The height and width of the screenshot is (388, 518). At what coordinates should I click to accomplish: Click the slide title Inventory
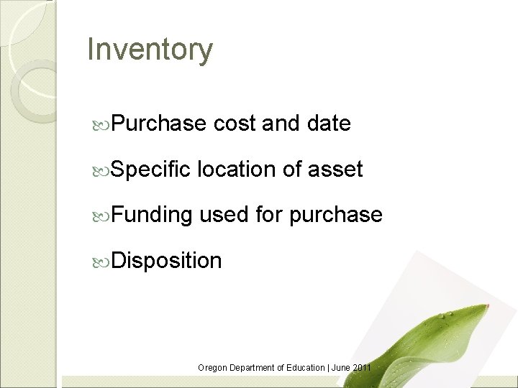[150, 50]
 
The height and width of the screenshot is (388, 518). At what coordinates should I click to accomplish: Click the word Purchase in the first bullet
[159, 124]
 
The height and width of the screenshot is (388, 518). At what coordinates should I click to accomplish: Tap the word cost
[235, 125]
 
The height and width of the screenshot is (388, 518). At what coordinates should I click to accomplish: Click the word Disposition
[166, 260]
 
